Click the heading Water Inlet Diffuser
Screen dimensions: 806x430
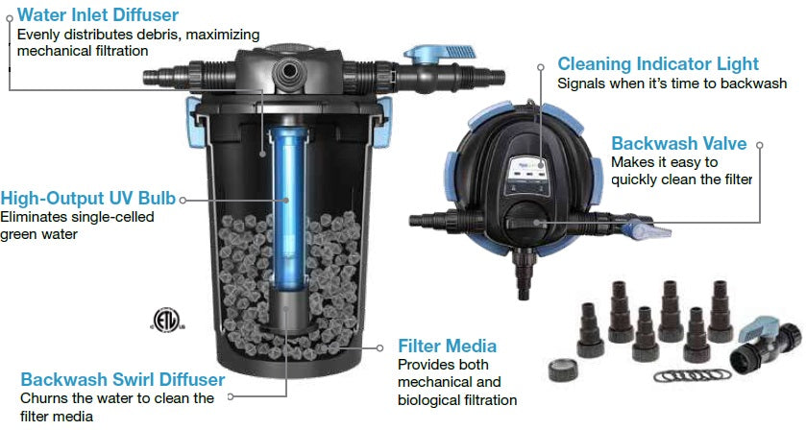coord(98,14)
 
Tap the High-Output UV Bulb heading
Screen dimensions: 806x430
coord(87,199)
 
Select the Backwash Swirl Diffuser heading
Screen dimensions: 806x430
coord(122,379)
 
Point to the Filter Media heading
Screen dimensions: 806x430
coord(448,346)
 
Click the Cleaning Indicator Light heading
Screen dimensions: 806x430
coord(658,63)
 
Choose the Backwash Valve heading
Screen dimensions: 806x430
coord(678,143)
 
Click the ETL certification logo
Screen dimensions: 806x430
coord(166,320)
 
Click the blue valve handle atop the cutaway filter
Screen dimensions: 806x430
coord(441,52)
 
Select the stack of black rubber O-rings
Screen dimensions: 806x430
coord(692,375)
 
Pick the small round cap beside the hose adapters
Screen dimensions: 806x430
coord(562,370)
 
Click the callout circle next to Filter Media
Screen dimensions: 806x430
coord(379,347)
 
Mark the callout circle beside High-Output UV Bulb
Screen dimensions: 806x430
coord(183,200)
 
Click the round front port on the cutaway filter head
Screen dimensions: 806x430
coord(286,71)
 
